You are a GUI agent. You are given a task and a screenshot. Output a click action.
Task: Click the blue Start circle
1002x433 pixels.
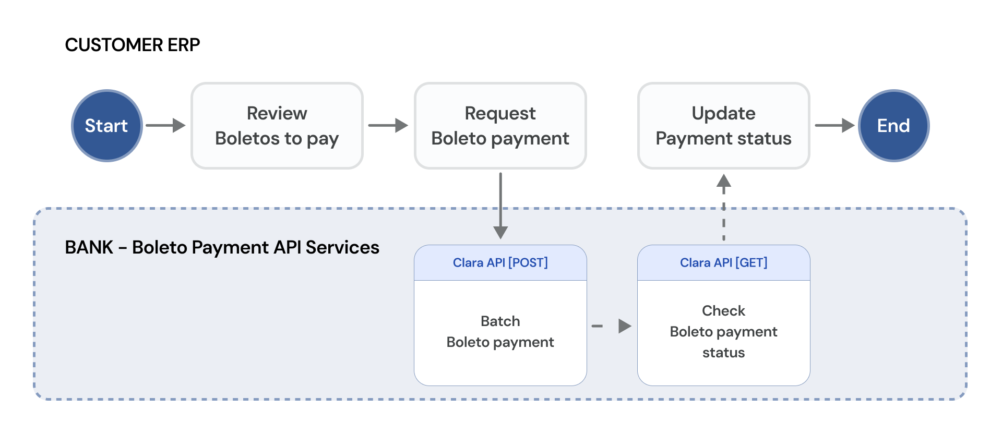pyautogui.click(x=107, y=126)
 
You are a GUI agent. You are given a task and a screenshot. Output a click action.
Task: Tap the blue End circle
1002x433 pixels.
pyautogui.click(x=894, y=126)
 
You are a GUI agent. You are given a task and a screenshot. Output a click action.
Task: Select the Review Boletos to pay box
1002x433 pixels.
pyautogui.click(x=277, y=126)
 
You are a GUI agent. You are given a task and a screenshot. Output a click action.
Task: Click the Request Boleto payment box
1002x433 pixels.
pyautogui.click(x=500, y=126)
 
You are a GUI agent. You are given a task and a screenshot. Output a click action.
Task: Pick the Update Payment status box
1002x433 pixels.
pyautogui.click(x=724, y=126)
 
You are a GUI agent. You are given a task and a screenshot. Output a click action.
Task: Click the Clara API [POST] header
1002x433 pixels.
pyautogui.click(x=500, y=263)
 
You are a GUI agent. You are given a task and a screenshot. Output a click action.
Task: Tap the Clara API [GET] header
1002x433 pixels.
pyautogui.click(x=724, y=263)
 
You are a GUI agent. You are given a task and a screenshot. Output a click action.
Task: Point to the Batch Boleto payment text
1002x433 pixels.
pyautogui.click(x=500, y=332)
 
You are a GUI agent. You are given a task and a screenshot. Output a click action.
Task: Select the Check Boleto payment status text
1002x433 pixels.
pyautogui.click(x=724, y=332)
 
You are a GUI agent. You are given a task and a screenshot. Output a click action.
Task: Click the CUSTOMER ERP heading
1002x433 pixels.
pyautogui.click(x=133, y=45)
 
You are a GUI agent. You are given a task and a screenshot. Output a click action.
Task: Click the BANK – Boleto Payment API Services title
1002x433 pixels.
pyautogui.click(x=222, y=247)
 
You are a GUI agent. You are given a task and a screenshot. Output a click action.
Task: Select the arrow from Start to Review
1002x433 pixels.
pyautogui.click(x=165, y=125)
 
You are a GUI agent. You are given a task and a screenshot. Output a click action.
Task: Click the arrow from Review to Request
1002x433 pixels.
pyautogui.click(x=388, y=125)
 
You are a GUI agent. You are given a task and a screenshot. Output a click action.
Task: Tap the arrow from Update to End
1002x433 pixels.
pyautogui.click(x=835, y=125)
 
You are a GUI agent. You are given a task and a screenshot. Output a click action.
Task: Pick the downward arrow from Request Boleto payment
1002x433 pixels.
pyautogui.click(x=500, y=206)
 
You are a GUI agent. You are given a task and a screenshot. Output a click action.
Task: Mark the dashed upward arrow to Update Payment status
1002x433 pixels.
pyautogui.click(x=724, y=207)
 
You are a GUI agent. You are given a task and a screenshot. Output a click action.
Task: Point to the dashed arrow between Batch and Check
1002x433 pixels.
pyautogui.click(x=612, y=326)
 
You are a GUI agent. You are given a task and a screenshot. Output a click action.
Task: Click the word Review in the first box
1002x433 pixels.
pyautogui.click(x=277, y=113)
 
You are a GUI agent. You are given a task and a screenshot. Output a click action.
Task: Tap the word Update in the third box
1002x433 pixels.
pyautogui.click(x=724, y=113)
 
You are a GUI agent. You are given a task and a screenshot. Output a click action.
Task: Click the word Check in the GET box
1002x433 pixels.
pyautogui.click(x=724, y=311)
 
